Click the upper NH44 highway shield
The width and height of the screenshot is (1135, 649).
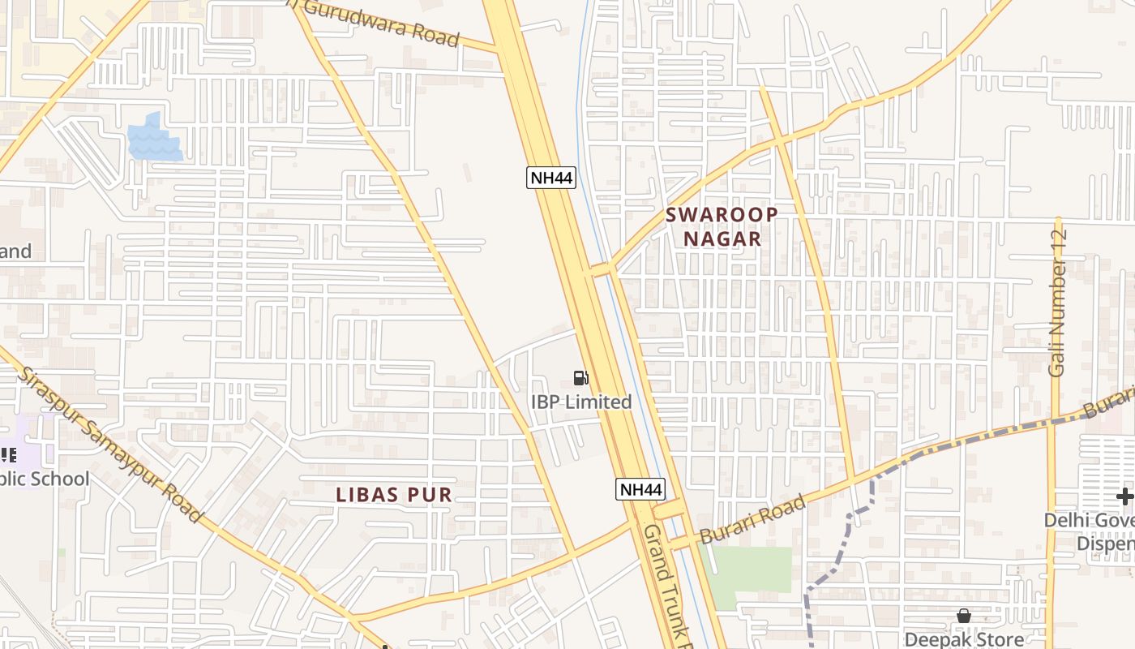point(551,178)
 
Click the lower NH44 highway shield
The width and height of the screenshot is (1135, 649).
point(640,489)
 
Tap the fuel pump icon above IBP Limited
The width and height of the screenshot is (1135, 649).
point(580,377)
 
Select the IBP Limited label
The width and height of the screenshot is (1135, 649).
point(581,402)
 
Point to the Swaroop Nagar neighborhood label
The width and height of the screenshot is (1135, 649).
point(722,226)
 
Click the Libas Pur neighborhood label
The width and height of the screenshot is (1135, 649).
point(394,495)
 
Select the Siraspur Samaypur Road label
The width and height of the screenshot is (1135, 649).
point(110,445)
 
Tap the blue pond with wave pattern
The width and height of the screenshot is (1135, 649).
point(154,138)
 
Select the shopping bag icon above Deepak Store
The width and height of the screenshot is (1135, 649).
point(963,617)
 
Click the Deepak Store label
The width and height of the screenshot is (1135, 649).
point(963,640)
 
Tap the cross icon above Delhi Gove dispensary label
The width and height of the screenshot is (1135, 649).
point(1124,496)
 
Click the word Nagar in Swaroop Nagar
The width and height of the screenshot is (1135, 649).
point(722,239)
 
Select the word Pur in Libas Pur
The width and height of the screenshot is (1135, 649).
point(430,495)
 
